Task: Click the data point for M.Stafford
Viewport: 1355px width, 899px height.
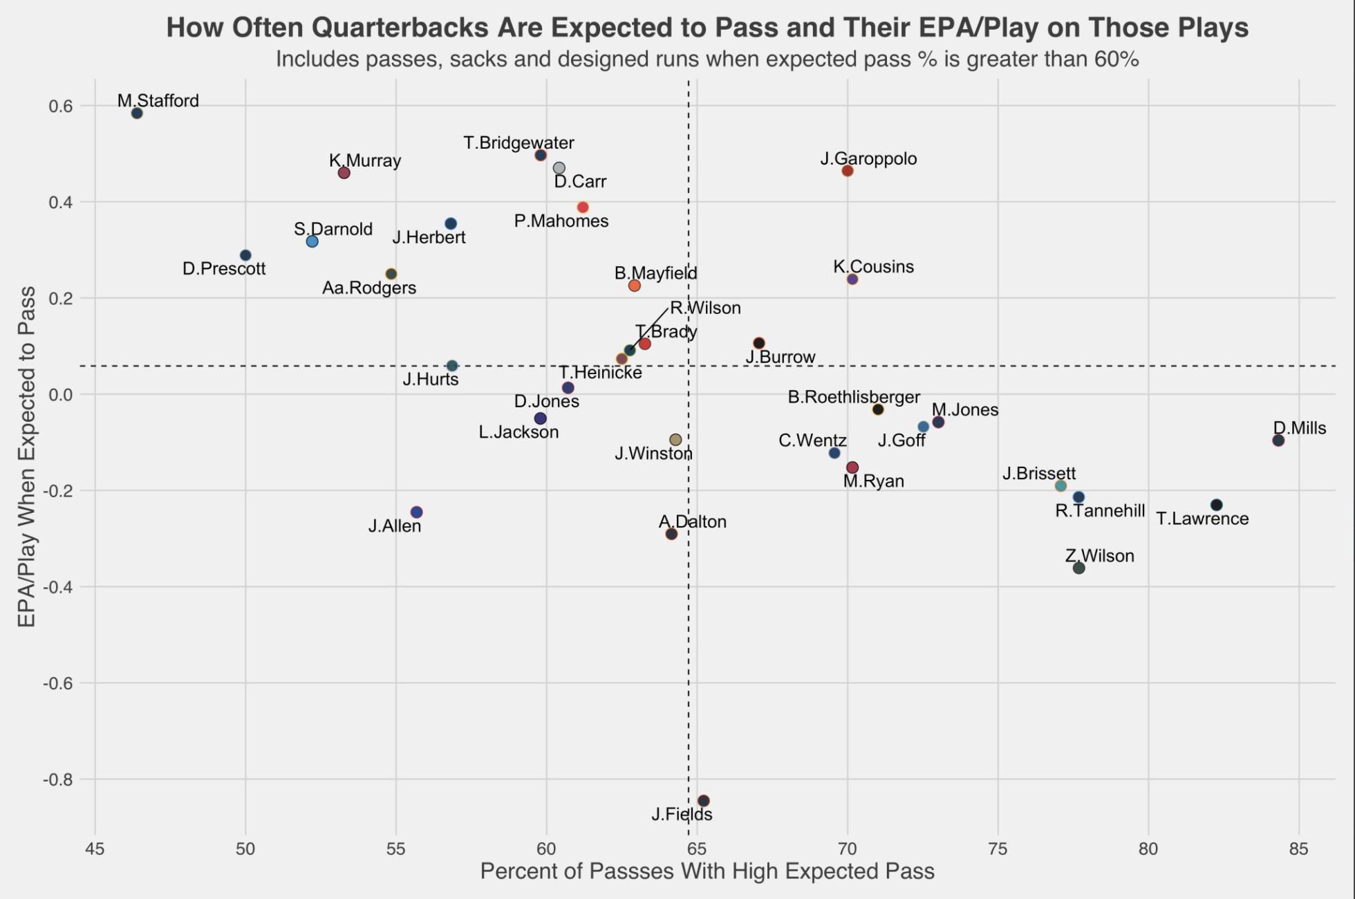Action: point(137,113)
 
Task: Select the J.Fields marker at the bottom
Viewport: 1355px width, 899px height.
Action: point(703,801)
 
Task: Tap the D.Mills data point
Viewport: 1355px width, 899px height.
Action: point(1278,441)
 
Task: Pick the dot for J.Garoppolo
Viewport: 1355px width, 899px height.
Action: point(848,171)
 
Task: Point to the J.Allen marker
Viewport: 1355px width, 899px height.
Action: point(416,512)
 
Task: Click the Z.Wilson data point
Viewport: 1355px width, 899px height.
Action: point(1078,568)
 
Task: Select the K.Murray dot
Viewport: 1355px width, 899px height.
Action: point(344,173)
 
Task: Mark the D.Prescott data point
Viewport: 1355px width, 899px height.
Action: point(245,256)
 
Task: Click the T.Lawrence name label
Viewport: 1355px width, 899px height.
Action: point(1202,519)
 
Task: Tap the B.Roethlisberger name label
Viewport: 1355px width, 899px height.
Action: point(854,398)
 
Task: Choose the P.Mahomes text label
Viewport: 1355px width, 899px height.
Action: point(561,221)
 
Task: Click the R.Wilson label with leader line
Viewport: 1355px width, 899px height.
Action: point(705,308)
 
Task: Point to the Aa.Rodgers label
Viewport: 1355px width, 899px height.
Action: point(369,288)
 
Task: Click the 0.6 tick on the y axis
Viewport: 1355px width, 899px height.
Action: point(60,106)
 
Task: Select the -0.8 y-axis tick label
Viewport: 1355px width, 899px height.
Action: point(58,780)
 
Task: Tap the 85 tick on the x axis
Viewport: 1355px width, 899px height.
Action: point(1298,849)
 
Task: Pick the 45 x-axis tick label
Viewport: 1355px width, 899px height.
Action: point(95,849)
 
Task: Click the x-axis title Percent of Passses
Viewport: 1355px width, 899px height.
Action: point(707,871)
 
